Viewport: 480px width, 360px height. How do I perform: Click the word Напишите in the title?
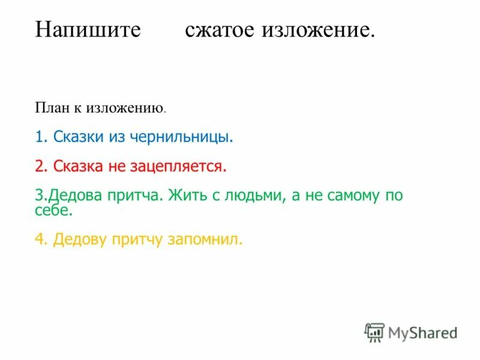click(88, 30)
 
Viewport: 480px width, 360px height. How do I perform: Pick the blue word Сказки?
click(79, 137)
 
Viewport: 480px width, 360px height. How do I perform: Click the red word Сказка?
click(79, 165)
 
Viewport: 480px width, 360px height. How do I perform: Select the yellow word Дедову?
click(80, 240)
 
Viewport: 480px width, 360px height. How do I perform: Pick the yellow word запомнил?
click(204, 240)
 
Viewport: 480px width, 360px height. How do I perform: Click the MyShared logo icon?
click(374, 332)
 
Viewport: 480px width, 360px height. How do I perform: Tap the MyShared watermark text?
click(422, 332)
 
